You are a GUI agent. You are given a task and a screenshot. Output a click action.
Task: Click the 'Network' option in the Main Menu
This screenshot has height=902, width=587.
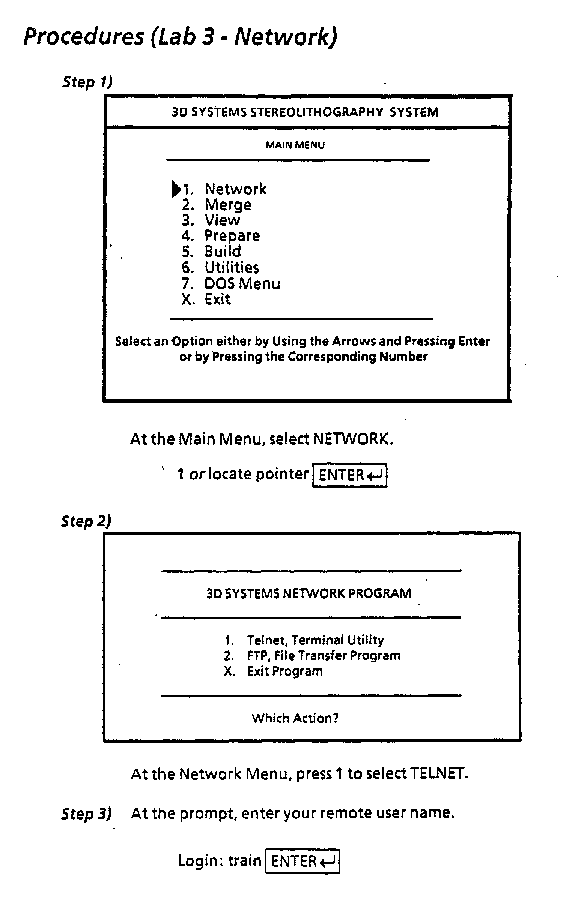tap(235, 189)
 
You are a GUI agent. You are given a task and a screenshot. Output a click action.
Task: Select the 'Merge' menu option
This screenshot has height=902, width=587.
tap(228, 205)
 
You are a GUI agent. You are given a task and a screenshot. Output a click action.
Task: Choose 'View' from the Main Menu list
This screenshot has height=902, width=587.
tap(222, 220)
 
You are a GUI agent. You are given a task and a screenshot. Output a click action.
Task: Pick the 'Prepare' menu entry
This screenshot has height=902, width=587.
tap(232, 236)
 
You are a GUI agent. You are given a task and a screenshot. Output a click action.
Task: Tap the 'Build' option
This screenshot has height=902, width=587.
tap(222, 251)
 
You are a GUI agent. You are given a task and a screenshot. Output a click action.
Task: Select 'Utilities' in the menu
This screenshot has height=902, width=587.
tap(232, 268)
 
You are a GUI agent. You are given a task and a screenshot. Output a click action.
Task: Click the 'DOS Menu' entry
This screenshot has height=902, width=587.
tap(242, 283)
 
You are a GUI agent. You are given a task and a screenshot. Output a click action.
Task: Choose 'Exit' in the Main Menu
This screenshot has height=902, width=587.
tap(217, 300)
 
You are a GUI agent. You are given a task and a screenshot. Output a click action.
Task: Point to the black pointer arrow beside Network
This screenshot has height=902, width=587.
tap(176, 189)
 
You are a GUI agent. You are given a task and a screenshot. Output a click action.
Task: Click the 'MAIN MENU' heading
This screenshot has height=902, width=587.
tap(295, 145)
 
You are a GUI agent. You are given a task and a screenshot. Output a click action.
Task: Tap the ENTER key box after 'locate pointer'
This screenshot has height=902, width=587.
tap(349, 475)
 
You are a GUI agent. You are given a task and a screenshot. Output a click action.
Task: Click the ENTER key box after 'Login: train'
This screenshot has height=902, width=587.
tap(302, 861)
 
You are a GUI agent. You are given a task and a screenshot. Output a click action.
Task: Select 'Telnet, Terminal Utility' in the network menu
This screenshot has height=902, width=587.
tap(315, 640)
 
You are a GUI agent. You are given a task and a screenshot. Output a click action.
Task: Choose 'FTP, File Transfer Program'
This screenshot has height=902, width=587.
tap(323, 655)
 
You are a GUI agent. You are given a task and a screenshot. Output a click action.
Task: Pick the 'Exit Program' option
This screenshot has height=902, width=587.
tap(284, 671)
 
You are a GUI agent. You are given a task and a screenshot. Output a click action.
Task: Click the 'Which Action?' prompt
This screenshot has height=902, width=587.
tap(295, 718)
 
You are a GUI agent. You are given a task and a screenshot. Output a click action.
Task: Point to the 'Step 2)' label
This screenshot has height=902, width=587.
tap(86, 521)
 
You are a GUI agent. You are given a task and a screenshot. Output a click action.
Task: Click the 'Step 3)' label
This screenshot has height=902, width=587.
tap(86, 814)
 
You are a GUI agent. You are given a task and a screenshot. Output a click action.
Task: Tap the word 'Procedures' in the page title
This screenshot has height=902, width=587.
tap(84, 37)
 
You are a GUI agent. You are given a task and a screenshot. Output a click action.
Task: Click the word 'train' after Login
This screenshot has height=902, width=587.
tap(244, 861)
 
